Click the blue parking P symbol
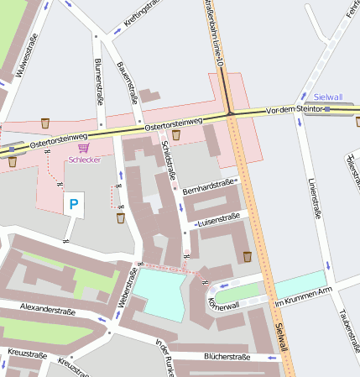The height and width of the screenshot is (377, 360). [74, 203]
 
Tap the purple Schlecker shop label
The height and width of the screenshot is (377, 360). [85, 159]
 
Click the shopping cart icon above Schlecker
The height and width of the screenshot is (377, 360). [83, 147]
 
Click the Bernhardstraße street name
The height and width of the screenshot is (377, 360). [210, 186]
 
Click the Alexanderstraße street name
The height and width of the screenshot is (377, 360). [48, 311]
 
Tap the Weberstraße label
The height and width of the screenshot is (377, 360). [133, 286]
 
